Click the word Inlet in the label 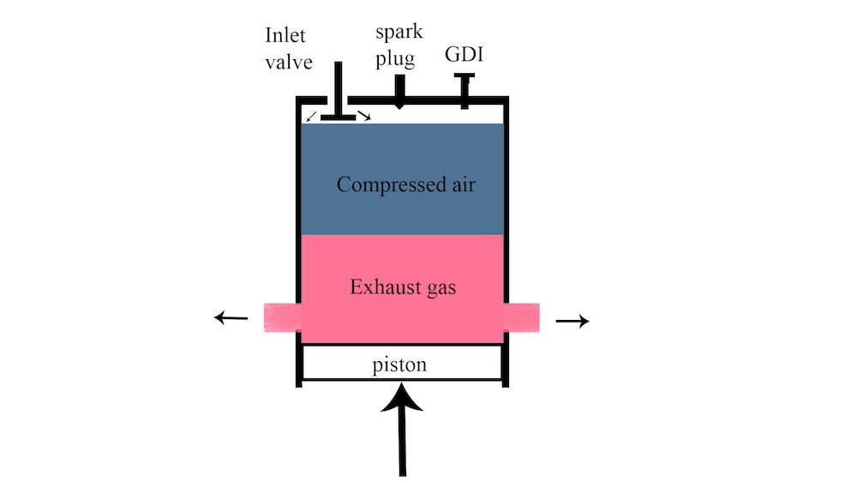(285, 36)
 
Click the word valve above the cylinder (290, 63)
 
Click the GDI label (464, 57)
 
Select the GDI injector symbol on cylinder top (464, 91)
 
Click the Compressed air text (405, 184)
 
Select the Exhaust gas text (403, 287)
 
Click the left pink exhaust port (281, 317)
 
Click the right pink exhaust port (521, 317)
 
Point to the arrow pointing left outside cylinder (230, 318)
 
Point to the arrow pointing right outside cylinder (572, 321)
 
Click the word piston (399, 365)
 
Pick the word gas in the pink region (437, 287)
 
